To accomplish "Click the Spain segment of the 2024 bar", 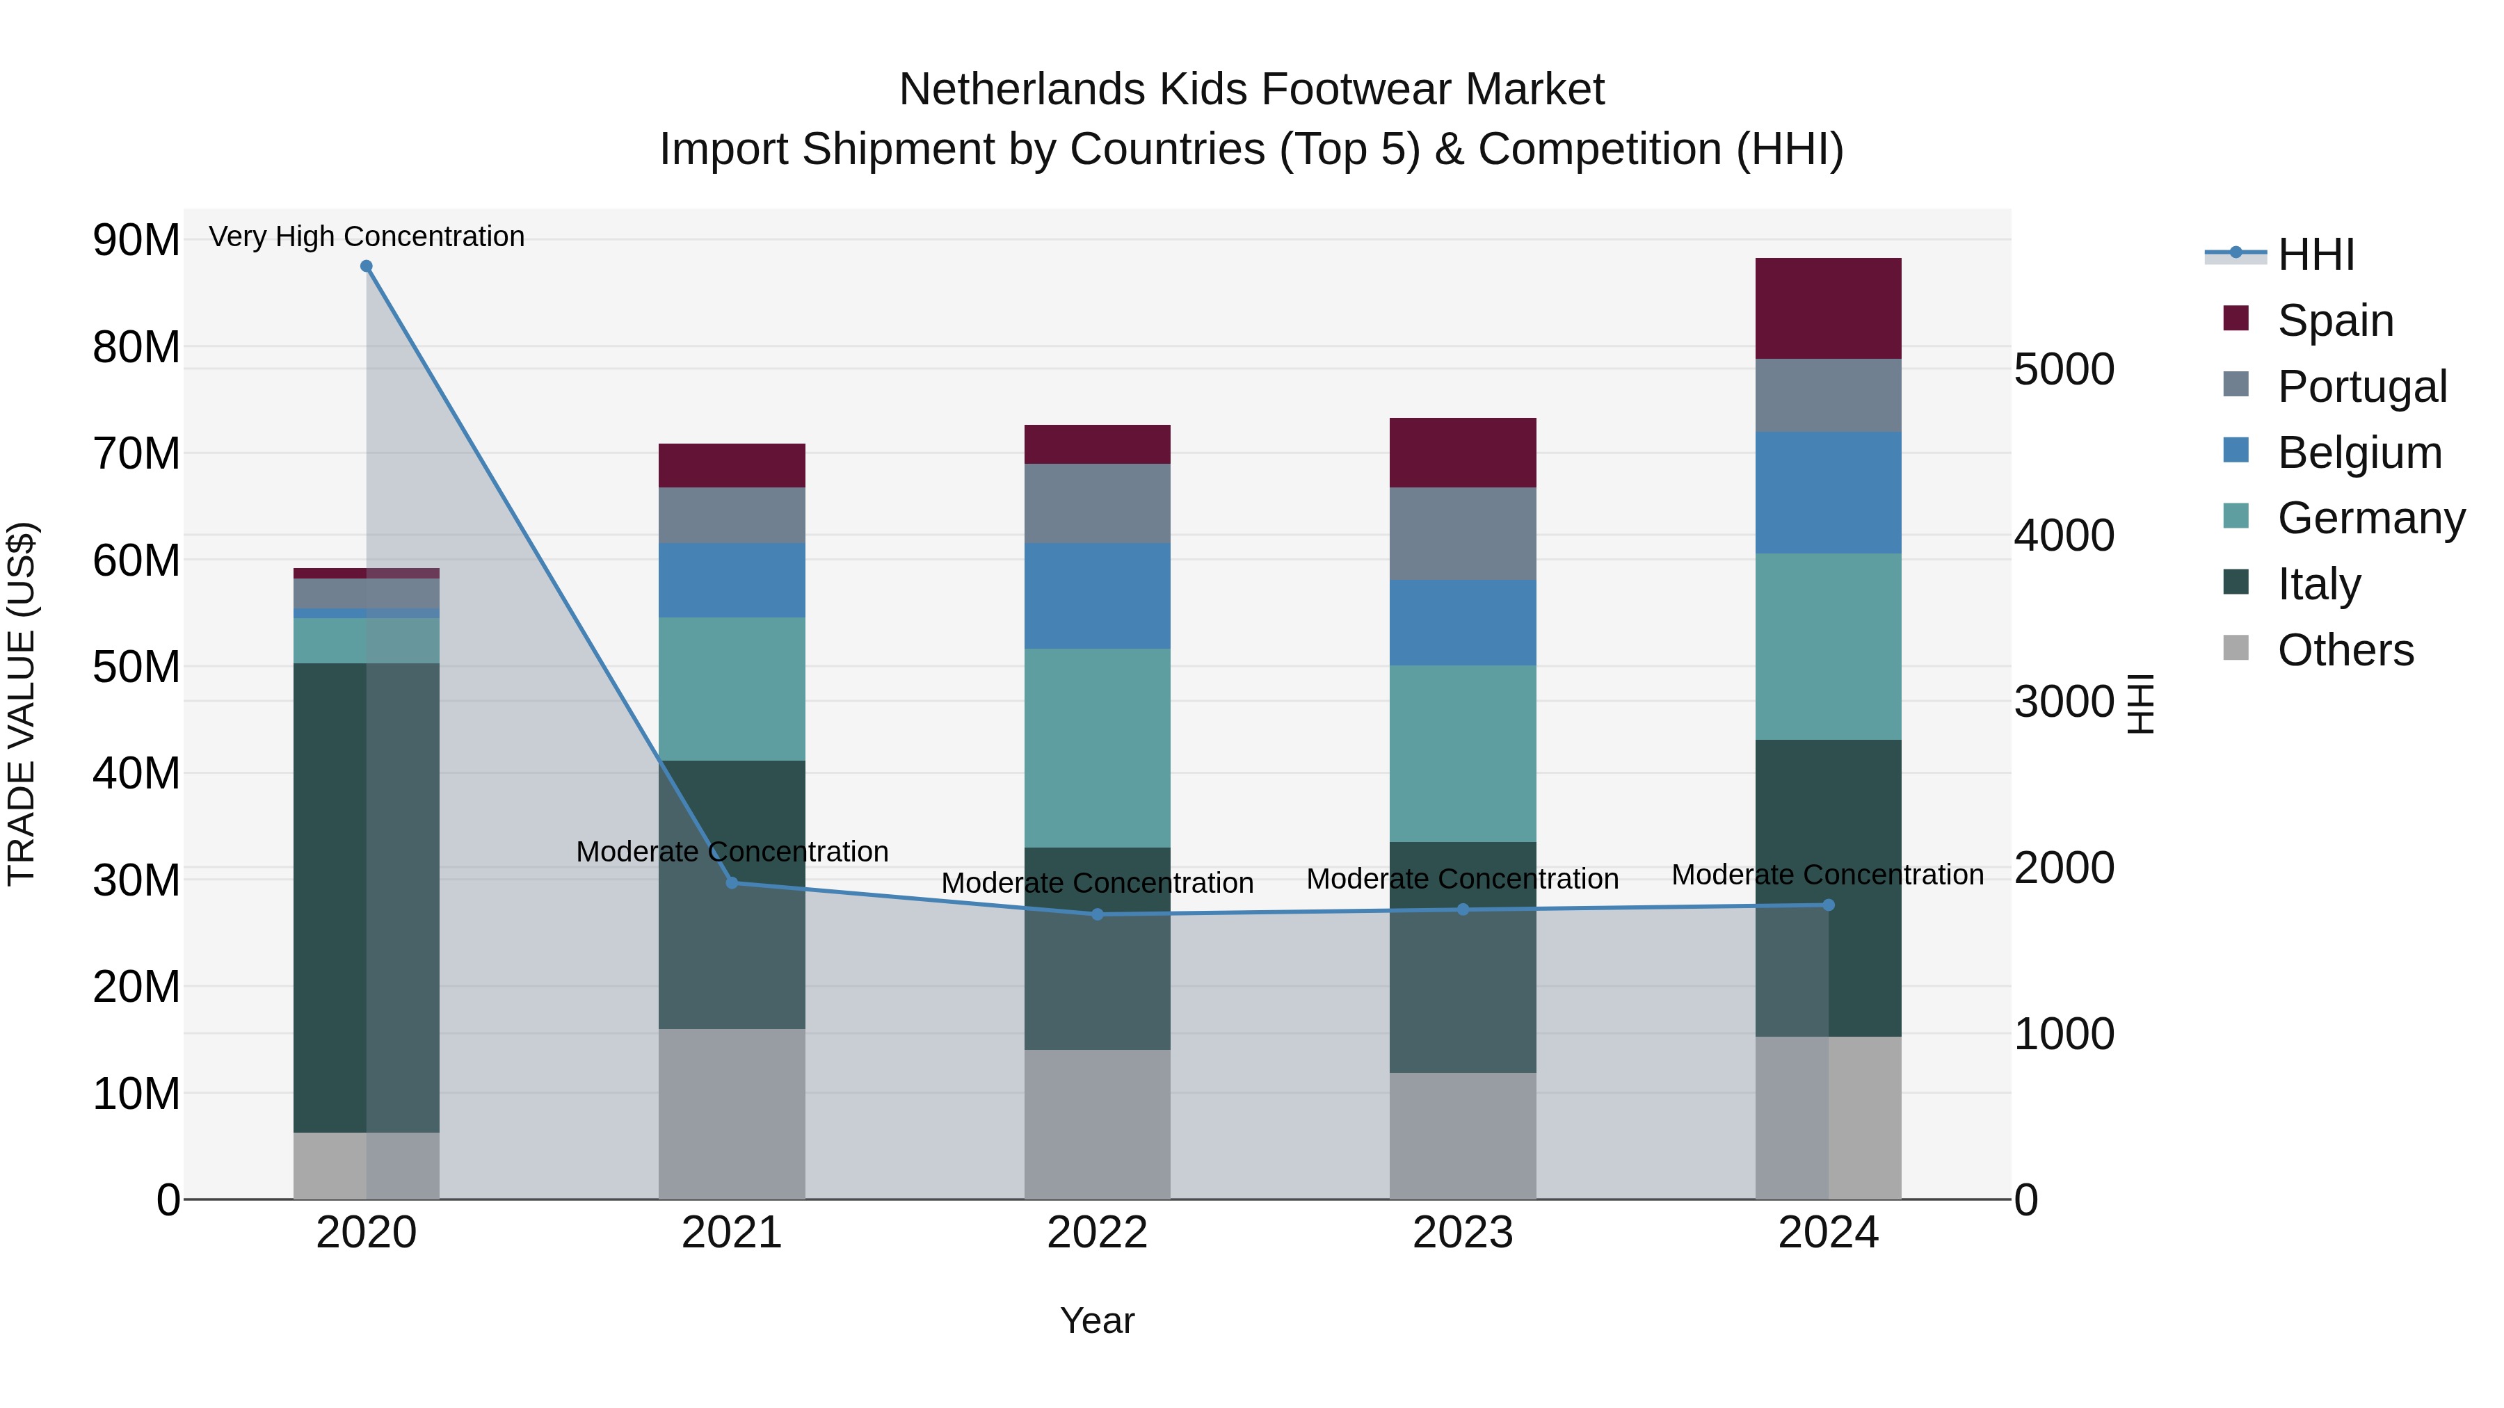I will pyautogui.click(x=1827, y=308).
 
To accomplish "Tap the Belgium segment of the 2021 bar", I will pyautogui.click(x=731, y=580).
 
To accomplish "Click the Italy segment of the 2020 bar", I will pyautogui.click(x=330, y=897).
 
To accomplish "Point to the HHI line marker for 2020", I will pyautogui.click(x=367, y=266).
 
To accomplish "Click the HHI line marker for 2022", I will pyautogui.click(x=1098, y=914).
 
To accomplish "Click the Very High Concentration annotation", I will pyautogui.click(x=367, y=236).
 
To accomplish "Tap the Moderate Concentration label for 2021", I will pyautogui.click(x=731, y=851).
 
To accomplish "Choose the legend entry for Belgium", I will pyautogui.click(x=2359, y=453).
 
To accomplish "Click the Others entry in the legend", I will pyautogui.click(x=2345, y=650).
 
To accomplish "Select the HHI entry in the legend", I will pyautogui.click(x=2316, y=254).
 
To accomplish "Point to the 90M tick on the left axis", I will pyautogui.click(x=136, y=240).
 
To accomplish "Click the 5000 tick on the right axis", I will pyautogui.click(x=2064, y=369).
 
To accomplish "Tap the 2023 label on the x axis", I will pyautogui.click(x=1462, y=1233).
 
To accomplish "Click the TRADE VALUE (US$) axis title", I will pyautogui.click(x=22, y=704).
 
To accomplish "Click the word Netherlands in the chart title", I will pyautogui.click(x=1022, y=90).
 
